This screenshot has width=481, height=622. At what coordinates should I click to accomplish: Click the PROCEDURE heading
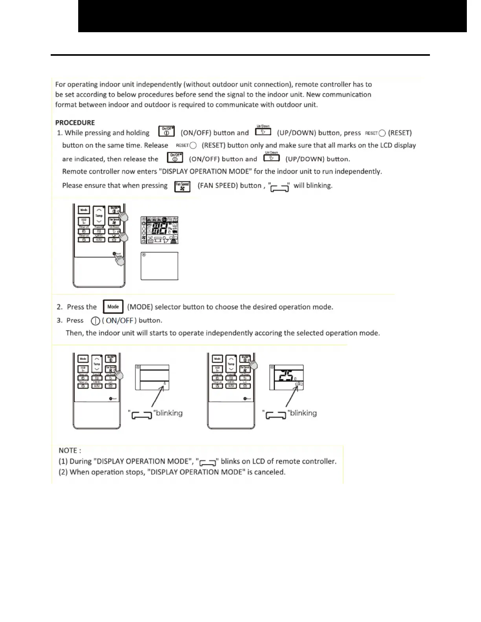pyautogui.click(x=75, y=123)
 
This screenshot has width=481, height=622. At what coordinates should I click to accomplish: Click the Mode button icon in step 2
pyautogui.click(x=113, y=307)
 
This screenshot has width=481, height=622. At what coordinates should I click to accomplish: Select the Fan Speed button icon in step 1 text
pyautogui.click(x=182, y=186)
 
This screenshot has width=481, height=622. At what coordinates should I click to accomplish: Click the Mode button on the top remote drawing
pyautogui.click(x=84, y=210)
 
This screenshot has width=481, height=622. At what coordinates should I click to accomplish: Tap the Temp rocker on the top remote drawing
pyautogui.click(x=99, y=216)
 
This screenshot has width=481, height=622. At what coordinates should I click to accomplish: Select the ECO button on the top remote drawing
pyautogui.click(x=84, y=221)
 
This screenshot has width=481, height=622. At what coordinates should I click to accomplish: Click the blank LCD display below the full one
pyautogui.click(x=160, y=266)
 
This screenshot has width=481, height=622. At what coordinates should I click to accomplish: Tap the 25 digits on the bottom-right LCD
pyautogui.click(x=284, y=376)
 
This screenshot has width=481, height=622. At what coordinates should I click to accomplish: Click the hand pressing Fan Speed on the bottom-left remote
pyautogui.click(x=118, y=374)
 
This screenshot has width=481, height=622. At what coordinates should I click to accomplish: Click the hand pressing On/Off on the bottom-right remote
pyautogui.click(x=253, y=364)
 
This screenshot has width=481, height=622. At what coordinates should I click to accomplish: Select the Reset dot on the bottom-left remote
pyautogui.click(x=110, y=399)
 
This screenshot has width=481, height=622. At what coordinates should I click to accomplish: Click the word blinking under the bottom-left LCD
pyautogui.click(x=169, y=413)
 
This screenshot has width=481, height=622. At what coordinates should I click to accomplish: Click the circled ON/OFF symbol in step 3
pyautogui.click(x=95, y=321)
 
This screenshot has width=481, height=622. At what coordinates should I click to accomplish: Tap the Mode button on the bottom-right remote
pyautogui.click(x=217, y=359)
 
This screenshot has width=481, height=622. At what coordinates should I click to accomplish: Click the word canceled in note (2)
pyautogui.click(x=271, y=472)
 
